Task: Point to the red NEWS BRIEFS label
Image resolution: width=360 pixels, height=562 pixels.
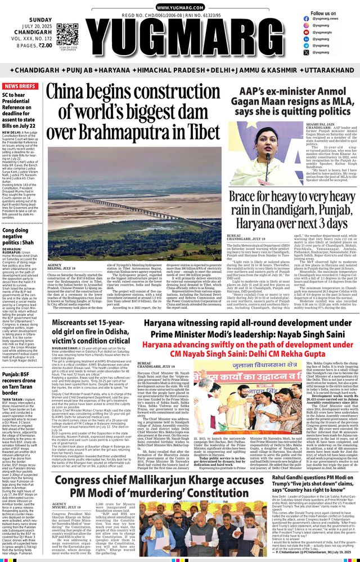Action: click(19, 87)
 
